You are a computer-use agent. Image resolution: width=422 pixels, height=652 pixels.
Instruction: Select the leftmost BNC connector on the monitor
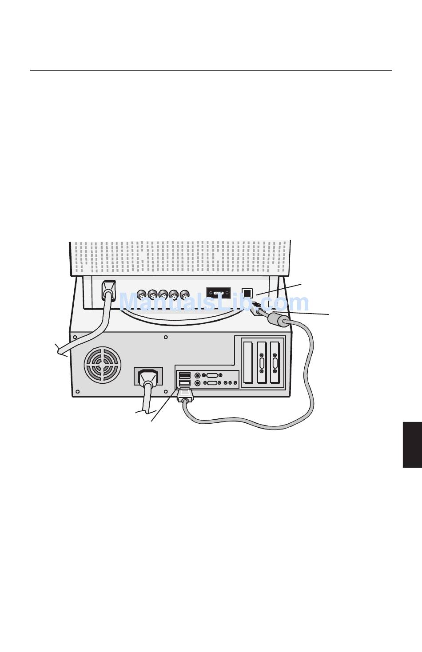pyautogui.click(x=142, y=295)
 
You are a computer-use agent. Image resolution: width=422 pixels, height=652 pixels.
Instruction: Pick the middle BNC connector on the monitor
pyautogui.click(x=163, y=295)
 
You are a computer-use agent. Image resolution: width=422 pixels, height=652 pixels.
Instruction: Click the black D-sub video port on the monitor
pyautogui.click(x=218, y=294)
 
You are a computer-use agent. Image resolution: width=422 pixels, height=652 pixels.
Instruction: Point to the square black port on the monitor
pyautogui.click(x=247, y=293)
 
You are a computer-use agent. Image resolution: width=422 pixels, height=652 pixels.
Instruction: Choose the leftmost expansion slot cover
pyautogui.click(x=247, y=362)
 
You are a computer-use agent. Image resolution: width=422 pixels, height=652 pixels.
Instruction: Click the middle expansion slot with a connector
pyautogui.click(x=262, y=362)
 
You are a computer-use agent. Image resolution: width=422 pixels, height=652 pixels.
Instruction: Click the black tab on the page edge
pyautogui.click(x=412, y=445)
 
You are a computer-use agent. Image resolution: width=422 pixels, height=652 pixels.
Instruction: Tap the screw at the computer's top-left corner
pyautogui.click(x=75, y=337)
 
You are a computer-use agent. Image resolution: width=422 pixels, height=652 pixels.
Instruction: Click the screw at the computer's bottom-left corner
pyautogui.click(x=77, y=391)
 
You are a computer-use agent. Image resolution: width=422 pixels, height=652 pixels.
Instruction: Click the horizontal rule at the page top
pyautogui.click(x=211, y=70)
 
